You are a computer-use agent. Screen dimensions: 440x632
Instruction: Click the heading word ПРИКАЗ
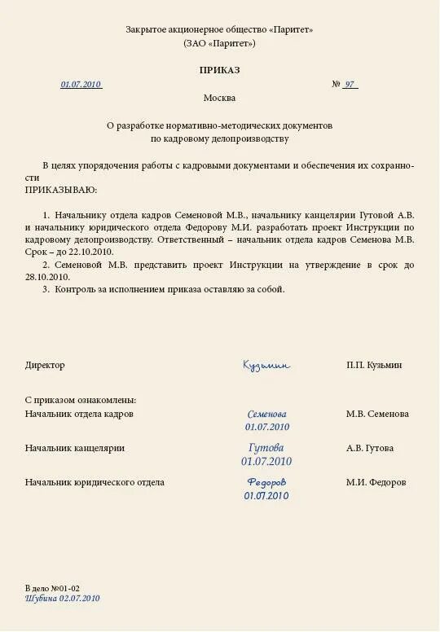coord(219,70)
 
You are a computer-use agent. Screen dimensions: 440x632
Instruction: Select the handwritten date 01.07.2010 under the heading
coord(81,85)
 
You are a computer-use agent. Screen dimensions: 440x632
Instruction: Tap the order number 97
coord(349,85)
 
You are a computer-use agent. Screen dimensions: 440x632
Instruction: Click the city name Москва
coord(219,98)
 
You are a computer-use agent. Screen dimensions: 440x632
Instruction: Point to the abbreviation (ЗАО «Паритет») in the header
coord(219,43)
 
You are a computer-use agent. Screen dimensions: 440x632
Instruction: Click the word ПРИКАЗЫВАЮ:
coord(61,190)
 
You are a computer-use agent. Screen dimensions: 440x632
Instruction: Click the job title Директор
coord(45,366)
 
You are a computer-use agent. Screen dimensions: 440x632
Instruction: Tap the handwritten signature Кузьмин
coord(266,366)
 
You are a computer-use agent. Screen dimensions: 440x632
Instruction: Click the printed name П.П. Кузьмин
coord(374,366)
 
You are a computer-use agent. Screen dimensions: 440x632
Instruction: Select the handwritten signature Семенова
coord(266,414)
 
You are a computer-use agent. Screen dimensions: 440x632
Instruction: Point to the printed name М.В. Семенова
coord(377,414)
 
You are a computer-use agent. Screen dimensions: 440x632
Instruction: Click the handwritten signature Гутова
coord(266,448)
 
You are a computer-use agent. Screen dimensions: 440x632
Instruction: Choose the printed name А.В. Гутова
coord(369,448)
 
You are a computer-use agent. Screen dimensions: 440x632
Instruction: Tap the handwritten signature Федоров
coord(266,482)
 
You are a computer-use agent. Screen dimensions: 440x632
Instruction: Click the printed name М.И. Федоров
coord(376,482)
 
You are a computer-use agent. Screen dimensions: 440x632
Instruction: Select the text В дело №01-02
coord(52,587)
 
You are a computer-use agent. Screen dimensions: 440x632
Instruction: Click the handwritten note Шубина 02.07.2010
coord(62,598)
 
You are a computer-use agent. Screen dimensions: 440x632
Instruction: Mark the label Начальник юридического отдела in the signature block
coord(95,482)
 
